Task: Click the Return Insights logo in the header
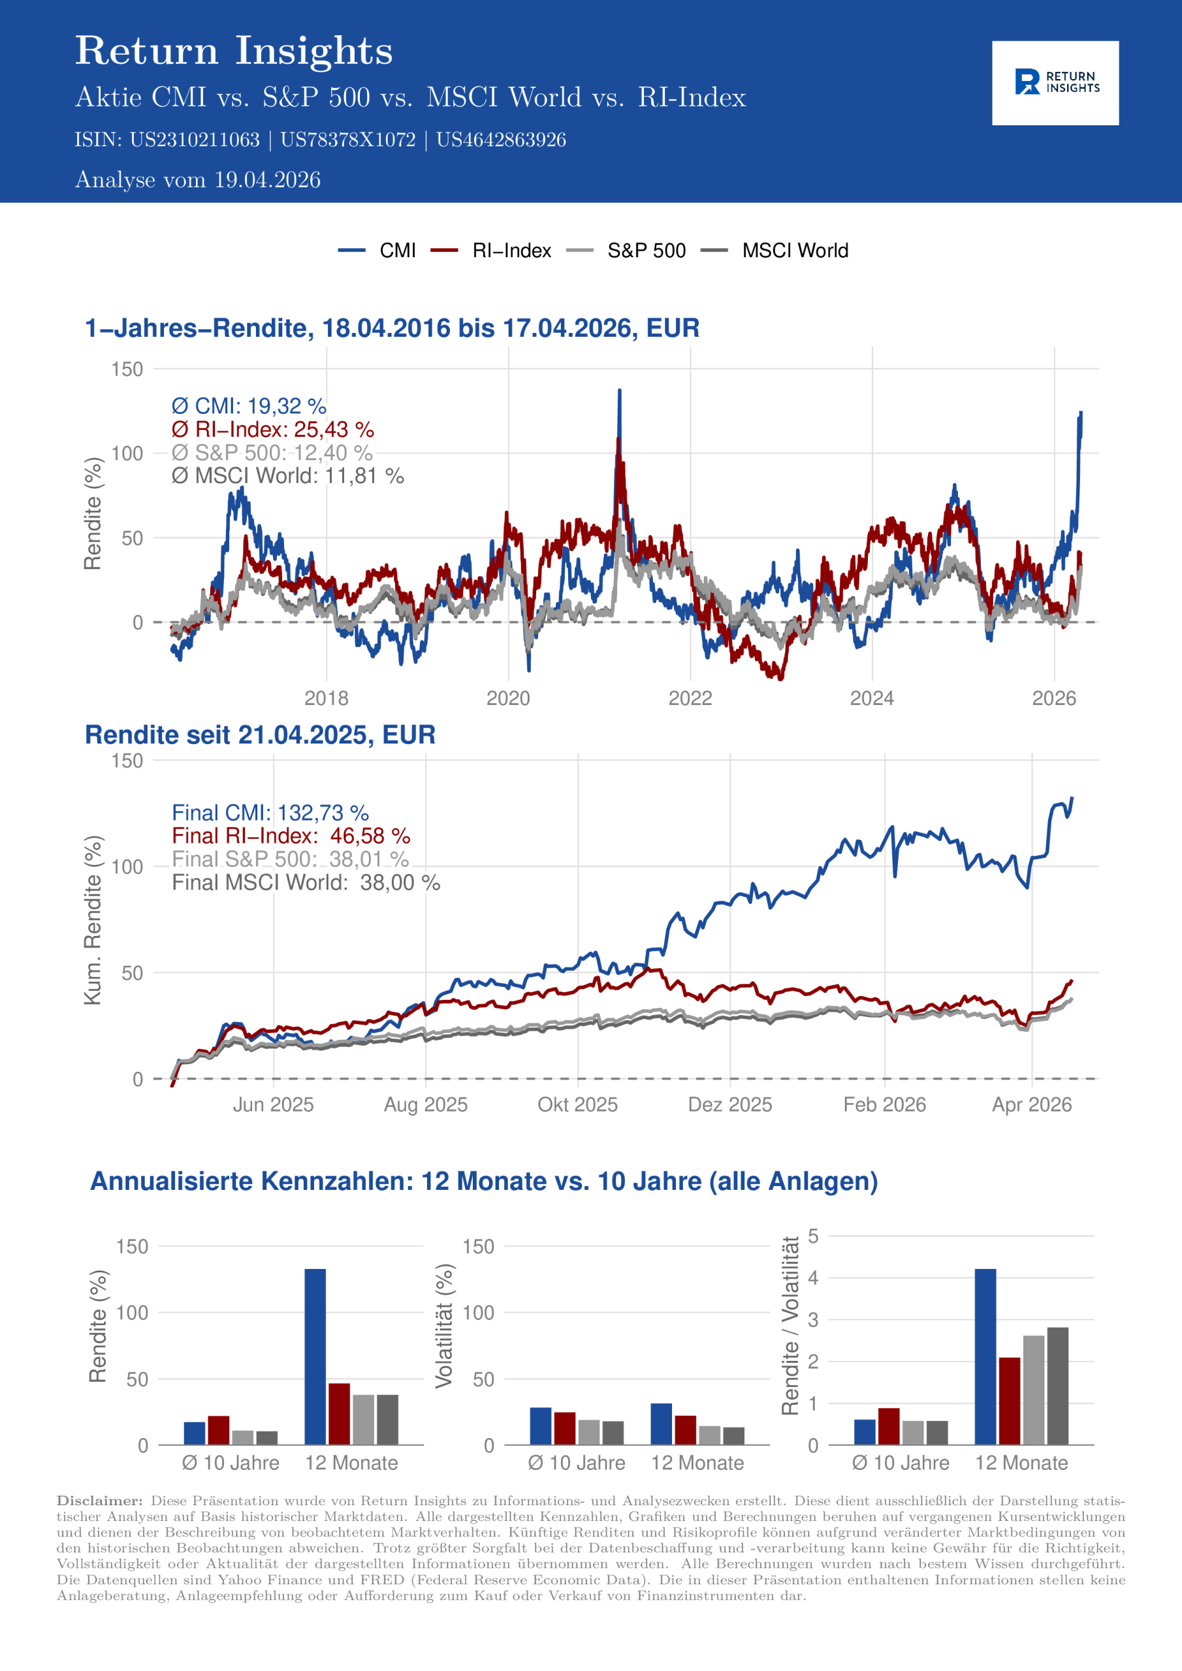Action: (x=1055, y=83)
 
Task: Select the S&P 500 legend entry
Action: (x=646, y=251)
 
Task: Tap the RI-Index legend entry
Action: (x=511, y=251)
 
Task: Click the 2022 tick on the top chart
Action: (x=690, y=698)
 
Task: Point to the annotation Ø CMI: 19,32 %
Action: (x=248, y=406)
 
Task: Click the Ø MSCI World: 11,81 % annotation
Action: (x=288, y=476)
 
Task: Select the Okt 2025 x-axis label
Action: (x=577, y=1105)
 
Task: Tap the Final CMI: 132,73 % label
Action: (x=270, y=813)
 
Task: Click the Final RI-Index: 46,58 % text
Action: (x=291, y=836)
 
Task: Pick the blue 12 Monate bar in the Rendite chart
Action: (x=315, y=1356)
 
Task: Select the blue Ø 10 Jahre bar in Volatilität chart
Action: (x=540, y=1426)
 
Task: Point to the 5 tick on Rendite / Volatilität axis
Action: (x=814, y=1236)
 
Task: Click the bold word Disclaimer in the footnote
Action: (x=100, y=1501)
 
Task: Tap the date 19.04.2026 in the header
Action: (x=267, y=180)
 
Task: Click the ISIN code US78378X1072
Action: (x=347, y=140)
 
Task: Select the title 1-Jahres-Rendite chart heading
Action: (x=392, y=328)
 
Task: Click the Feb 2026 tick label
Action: (x=884, y=1105)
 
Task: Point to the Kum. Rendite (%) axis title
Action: (x=93, y=920)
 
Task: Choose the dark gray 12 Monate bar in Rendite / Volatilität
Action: (x=1057, y=1386)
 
